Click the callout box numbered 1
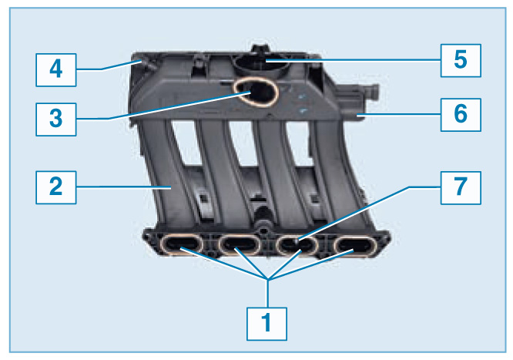[267, 324]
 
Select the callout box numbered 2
[56, 187]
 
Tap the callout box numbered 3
[56, 119]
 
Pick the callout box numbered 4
[56, 70]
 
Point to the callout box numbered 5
[461, 61]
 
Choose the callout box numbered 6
[461, 115]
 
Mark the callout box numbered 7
[461, 187]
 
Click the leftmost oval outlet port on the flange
[182, 244]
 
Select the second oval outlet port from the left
[240, 244]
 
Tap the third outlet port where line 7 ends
[297, 245]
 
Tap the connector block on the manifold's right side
[357, 102]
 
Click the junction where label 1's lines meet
[267, 279]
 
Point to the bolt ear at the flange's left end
[149, 238]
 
